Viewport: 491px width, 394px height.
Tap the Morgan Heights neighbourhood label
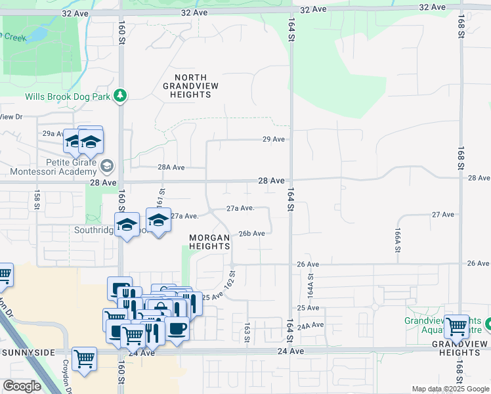pyautogui.click(x=209, y=242)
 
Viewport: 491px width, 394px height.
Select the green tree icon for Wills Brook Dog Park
pyautogui.click(x=119, y=96)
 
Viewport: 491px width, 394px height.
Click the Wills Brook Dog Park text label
pyautogui.click(x=68, y=97)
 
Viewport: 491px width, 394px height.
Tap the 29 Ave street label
pyautogui.click(x=274, y=139)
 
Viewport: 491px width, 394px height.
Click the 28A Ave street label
pyautogui.click(x=172, y=167)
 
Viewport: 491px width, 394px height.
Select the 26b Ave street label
pyautogui.click(x=251, y=233)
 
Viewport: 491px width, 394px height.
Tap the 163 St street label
pyautogui.click(x=247, y=332)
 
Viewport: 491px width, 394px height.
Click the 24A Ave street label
pyautogui.click(x=310, y=325)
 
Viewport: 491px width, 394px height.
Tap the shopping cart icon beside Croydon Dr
pyautogui.click(x=85, y=359)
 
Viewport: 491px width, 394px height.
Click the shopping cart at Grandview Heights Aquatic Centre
pyautogui.click(x=456, y=325)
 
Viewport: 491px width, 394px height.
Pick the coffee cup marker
pyautogui.click(x=177, y=327)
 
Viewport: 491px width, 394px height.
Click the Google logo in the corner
pyautogui.click(x=22, y=386)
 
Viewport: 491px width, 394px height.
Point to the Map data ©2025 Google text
pyautogui.click(x=450, y=389)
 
